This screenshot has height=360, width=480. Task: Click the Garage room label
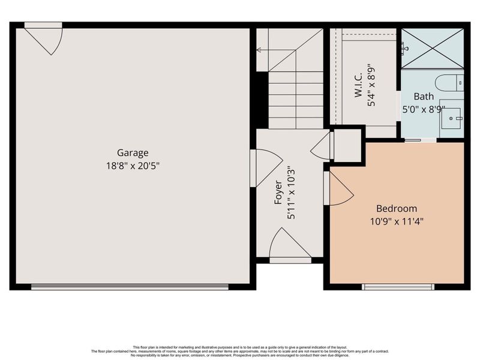133,152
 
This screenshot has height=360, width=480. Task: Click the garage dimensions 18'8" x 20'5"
133,165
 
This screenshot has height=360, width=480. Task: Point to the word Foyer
279,193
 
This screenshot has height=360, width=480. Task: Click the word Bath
423,96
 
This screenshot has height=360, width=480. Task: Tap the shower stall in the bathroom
432,48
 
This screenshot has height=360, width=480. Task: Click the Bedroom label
396,209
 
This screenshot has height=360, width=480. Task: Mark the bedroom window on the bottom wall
397,287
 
